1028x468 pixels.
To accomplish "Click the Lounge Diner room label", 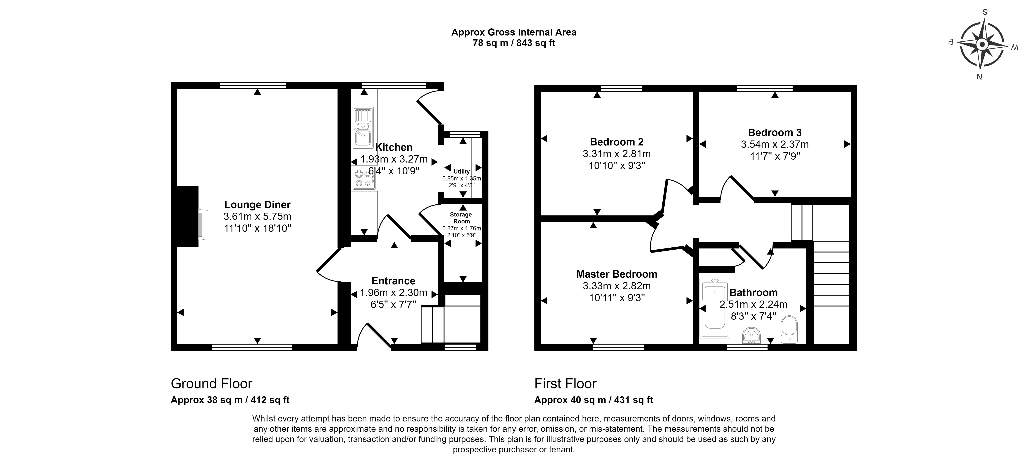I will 257,205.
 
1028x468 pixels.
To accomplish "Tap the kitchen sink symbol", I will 363,127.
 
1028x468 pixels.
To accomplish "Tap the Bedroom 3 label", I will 775,132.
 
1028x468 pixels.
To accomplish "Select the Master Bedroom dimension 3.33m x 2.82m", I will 617,286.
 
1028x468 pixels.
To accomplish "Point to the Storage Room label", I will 461,218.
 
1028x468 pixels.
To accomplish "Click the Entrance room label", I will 393,281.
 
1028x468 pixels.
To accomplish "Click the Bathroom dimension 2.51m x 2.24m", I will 754,304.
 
